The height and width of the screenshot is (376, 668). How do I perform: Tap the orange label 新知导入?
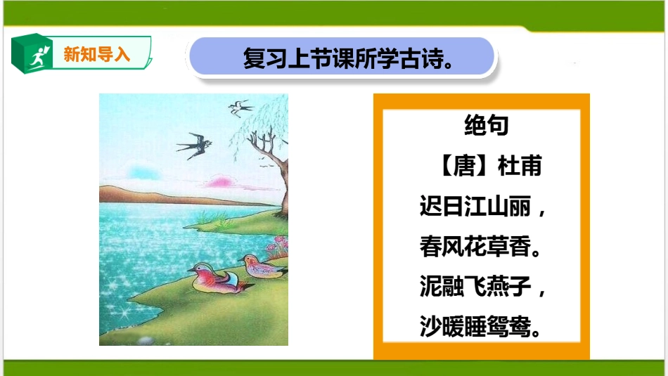(x=97, y=53)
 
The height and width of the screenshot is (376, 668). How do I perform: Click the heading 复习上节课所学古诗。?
(x=347, y=58)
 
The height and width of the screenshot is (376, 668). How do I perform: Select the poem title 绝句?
(x=486, y=127)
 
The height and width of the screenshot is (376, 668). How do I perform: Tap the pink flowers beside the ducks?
(x=278, y=246)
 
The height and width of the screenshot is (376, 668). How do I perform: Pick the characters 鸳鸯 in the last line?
(x=512, y=327)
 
